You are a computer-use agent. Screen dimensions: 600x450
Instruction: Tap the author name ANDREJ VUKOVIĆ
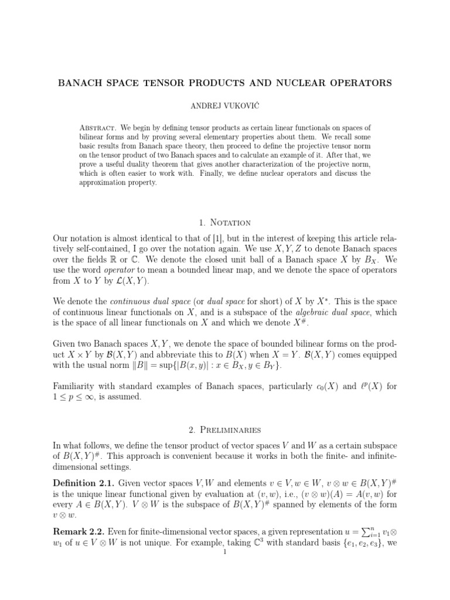point(224,109)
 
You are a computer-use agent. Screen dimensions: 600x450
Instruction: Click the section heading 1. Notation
point(224,223)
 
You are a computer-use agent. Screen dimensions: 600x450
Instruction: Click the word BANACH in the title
point(80,83)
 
